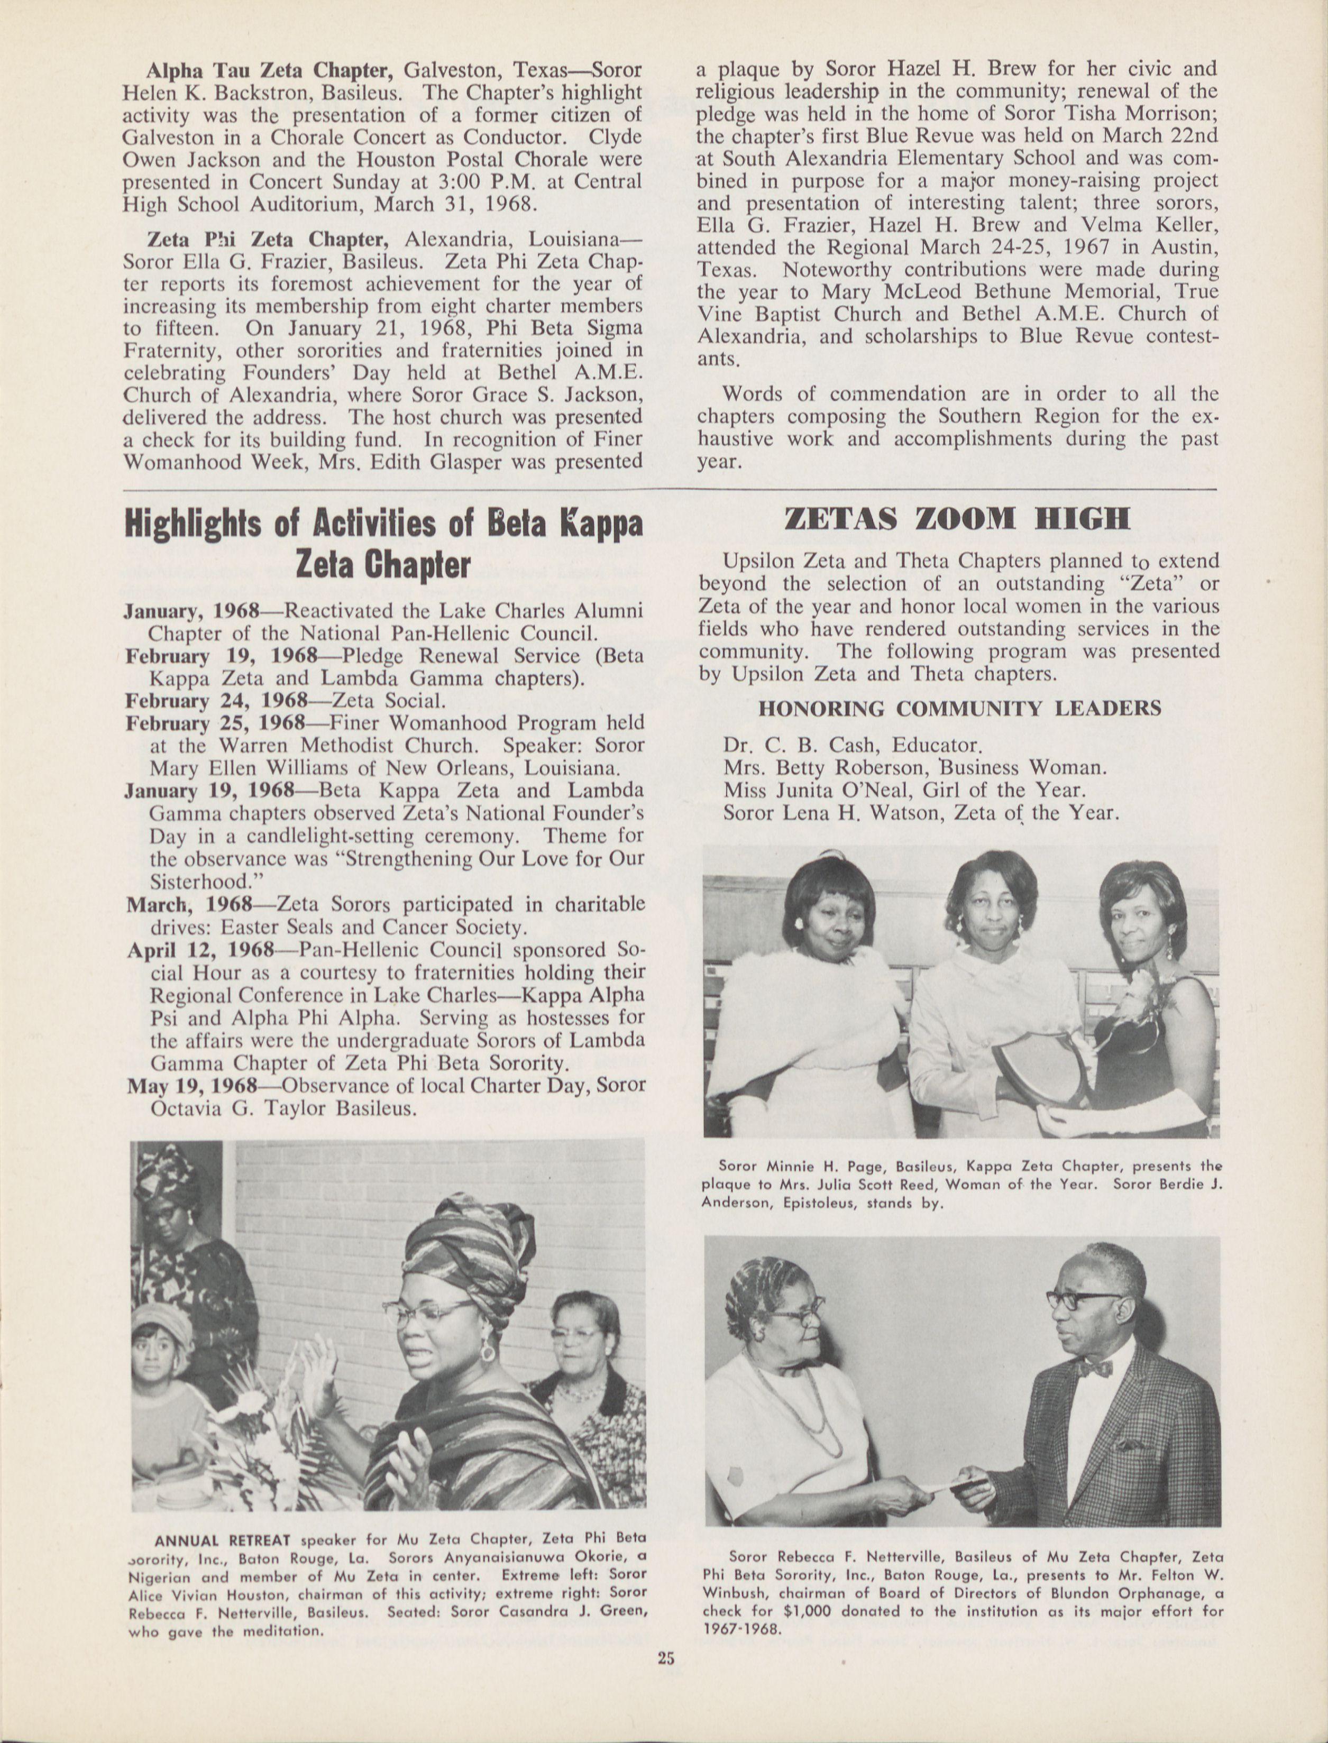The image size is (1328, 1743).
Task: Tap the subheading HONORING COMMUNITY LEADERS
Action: [959, 708]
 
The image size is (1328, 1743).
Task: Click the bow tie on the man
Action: [1093, 1368]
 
